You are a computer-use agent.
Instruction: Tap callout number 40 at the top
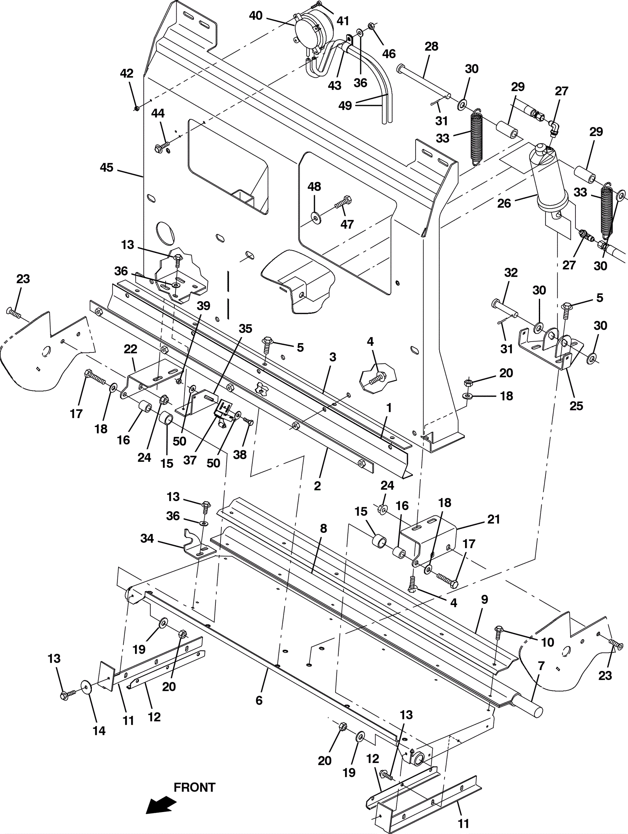coord(256,16)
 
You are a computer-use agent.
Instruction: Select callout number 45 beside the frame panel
coord(106,167)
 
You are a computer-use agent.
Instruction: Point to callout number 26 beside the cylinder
coord(504,203)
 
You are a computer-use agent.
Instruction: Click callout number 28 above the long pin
coord(431,46)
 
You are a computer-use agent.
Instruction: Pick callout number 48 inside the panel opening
coord(314,187)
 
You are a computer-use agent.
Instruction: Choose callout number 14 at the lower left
coord(99,730)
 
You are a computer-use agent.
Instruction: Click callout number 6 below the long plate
coord(259,700)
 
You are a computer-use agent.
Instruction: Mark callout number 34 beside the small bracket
coord(147,538)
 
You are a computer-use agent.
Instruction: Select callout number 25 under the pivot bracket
coord(576,405)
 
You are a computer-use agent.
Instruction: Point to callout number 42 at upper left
coord(126,73)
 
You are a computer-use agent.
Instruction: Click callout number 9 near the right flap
coord(484,600)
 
